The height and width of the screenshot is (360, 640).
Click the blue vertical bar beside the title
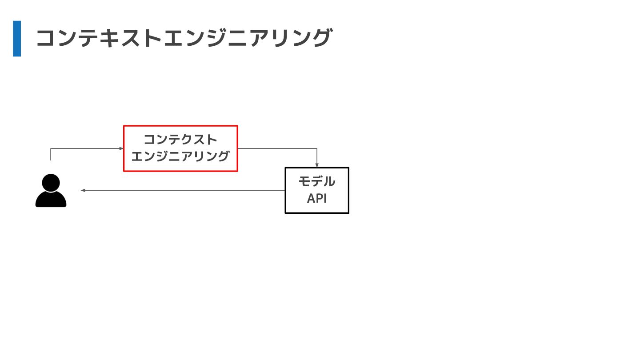17,39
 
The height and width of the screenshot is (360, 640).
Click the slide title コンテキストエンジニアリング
184,38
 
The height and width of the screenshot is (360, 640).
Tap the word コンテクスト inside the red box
180,140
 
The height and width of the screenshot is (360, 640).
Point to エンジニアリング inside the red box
180,156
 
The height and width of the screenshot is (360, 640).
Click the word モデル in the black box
317,182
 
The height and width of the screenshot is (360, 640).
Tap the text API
317,199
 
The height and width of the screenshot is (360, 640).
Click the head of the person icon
51,183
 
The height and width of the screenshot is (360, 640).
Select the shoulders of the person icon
51,200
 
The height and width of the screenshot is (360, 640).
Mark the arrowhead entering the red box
121,148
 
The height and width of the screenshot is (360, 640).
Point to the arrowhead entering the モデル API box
317,165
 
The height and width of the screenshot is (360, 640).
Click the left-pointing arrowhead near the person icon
83,190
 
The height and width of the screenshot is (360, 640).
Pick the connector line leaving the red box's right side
276,148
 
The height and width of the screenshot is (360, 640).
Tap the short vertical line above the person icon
51,155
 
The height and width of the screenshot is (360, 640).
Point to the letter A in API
311,199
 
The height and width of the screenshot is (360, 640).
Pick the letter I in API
325,199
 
